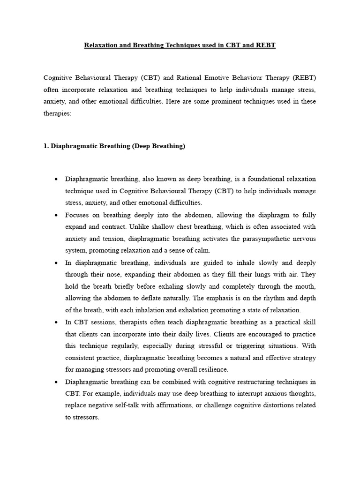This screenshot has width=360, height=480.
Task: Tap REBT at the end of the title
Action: [x=265, y=45]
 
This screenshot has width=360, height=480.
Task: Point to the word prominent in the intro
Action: [x=232, y=101]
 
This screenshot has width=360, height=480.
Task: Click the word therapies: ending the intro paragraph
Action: [x=57, y=113]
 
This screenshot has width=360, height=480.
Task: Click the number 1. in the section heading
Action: [x=46, y=146]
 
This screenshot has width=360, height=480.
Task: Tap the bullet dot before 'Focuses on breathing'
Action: [x=56, y=215]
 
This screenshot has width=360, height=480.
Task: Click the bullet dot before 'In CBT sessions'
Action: [x=56, y=322]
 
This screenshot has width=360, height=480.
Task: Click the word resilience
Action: [x=213, y=369]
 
